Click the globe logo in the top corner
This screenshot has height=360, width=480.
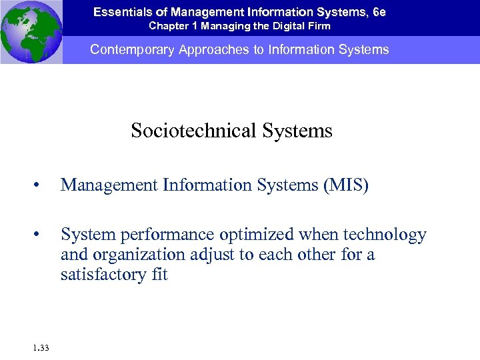click(x=31, y=32)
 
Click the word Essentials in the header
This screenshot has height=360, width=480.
click(x=121, y=11)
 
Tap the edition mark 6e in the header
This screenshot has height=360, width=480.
click(x=378, y=11)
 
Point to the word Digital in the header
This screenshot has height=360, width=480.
click(x=281, y=26)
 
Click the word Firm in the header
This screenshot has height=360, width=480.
click(x=316, y=26)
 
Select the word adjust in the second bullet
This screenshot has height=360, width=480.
click(x=204, y=255)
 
